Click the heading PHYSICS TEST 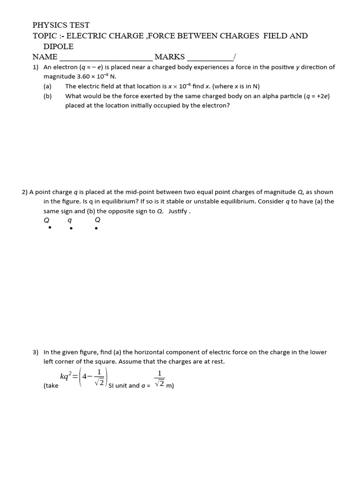tap(61, 25)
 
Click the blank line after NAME tap(105, 57)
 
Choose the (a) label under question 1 tap(47, 86)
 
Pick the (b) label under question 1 tap(47, 96)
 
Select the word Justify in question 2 tap(178, 211)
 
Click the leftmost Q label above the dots tap(46, 220)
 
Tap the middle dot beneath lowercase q tap(71, 229)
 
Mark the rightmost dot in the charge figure tap(96, 229)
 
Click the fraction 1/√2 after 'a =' tap(159, 379)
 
